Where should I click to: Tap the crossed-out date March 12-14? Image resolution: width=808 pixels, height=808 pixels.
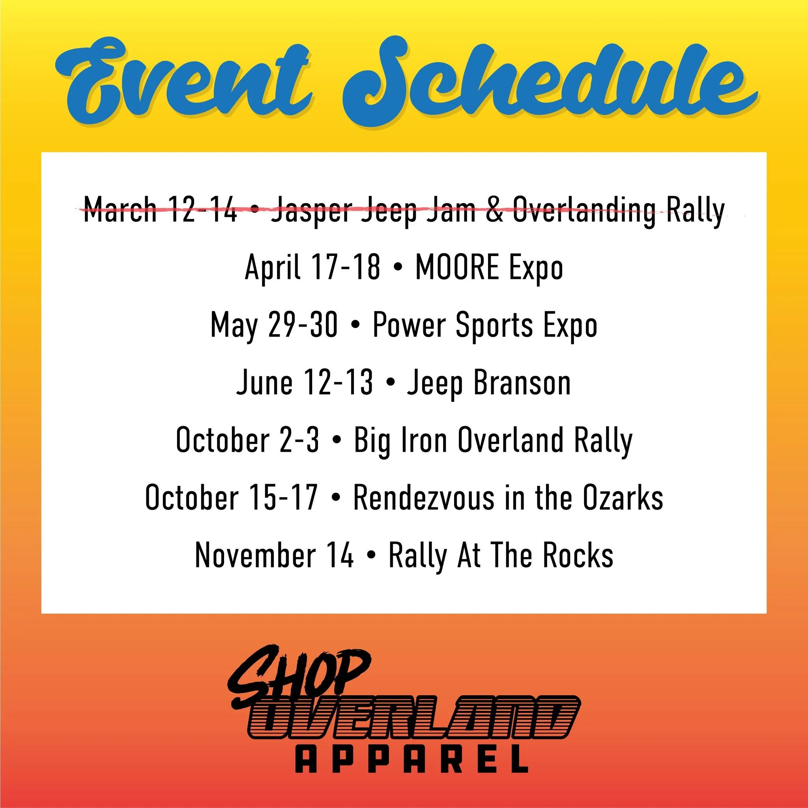point(161,209)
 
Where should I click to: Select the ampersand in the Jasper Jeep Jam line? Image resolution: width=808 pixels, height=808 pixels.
point(494,209)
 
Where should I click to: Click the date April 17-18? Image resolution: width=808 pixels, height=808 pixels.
point(312,267)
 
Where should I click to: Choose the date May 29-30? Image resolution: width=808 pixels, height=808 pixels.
point(274,325)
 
